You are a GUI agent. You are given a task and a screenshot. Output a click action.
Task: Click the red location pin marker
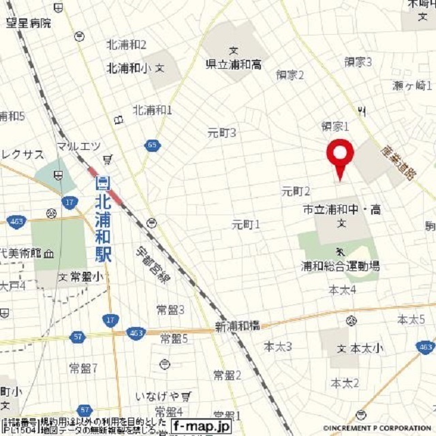pos(339,155)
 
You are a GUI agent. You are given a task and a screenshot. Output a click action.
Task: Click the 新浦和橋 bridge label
pos(236,326)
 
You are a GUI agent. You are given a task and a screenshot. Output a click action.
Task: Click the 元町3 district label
pos(221,133)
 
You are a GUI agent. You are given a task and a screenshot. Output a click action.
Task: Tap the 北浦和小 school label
pos(129,68)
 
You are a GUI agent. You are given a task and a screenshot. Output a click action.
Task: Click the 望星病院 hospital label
pos(29,22)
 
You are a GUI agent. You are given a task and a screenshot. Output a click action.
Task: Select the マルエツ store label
pos(78,145)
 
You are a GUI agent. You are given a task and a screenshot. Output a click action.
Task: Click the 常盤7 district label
pos(83,368)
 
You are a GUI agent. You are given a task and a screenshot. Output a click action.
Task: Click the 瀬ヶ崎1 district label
pos(413,85)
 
